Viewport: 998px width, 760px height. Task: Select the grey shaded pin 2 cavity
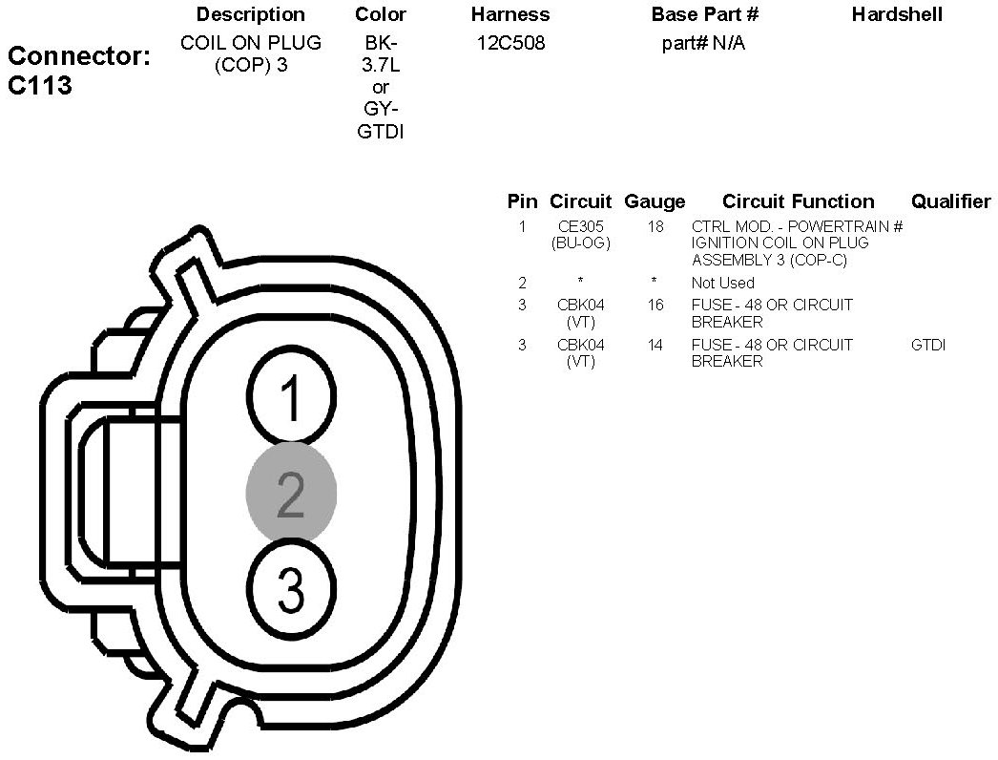(291, 493)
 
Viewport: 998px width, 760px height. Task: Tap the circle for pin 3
(291, 588)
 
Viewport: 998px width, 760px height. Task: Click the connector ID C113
(40, 86)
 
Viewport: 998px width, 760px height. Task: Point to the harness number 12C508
(510, 44)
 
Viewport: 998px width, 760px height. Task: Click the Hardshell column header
(897, 14)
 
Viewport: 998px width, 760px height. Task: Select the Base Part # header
(704, 14)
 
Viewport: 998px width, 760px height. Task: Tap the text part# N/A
(703, 44)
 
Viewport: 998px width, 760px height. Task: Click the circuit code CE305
(580, 227)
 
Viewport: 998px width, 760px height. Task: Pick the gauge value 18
(655, 227)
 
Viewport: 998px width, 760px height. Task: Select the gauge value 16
(655, 306)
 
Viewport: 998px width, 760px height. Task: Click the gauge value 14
(655, 345)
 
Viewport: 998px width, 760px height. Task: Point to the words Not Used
(722, 283)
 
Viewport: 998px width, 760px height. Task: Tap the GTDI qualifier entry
(928, 345)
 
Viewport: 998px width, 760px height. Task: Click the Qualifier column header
(950, 201)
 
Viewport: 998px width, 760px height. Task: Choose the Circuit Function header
(798, 201)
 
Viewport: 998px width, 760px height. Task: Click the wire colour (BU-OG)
(580, 243)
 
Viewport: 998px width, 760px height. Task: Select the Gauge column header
(655, 201)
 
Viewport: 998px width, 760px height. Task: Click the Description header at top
(250, 14)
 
